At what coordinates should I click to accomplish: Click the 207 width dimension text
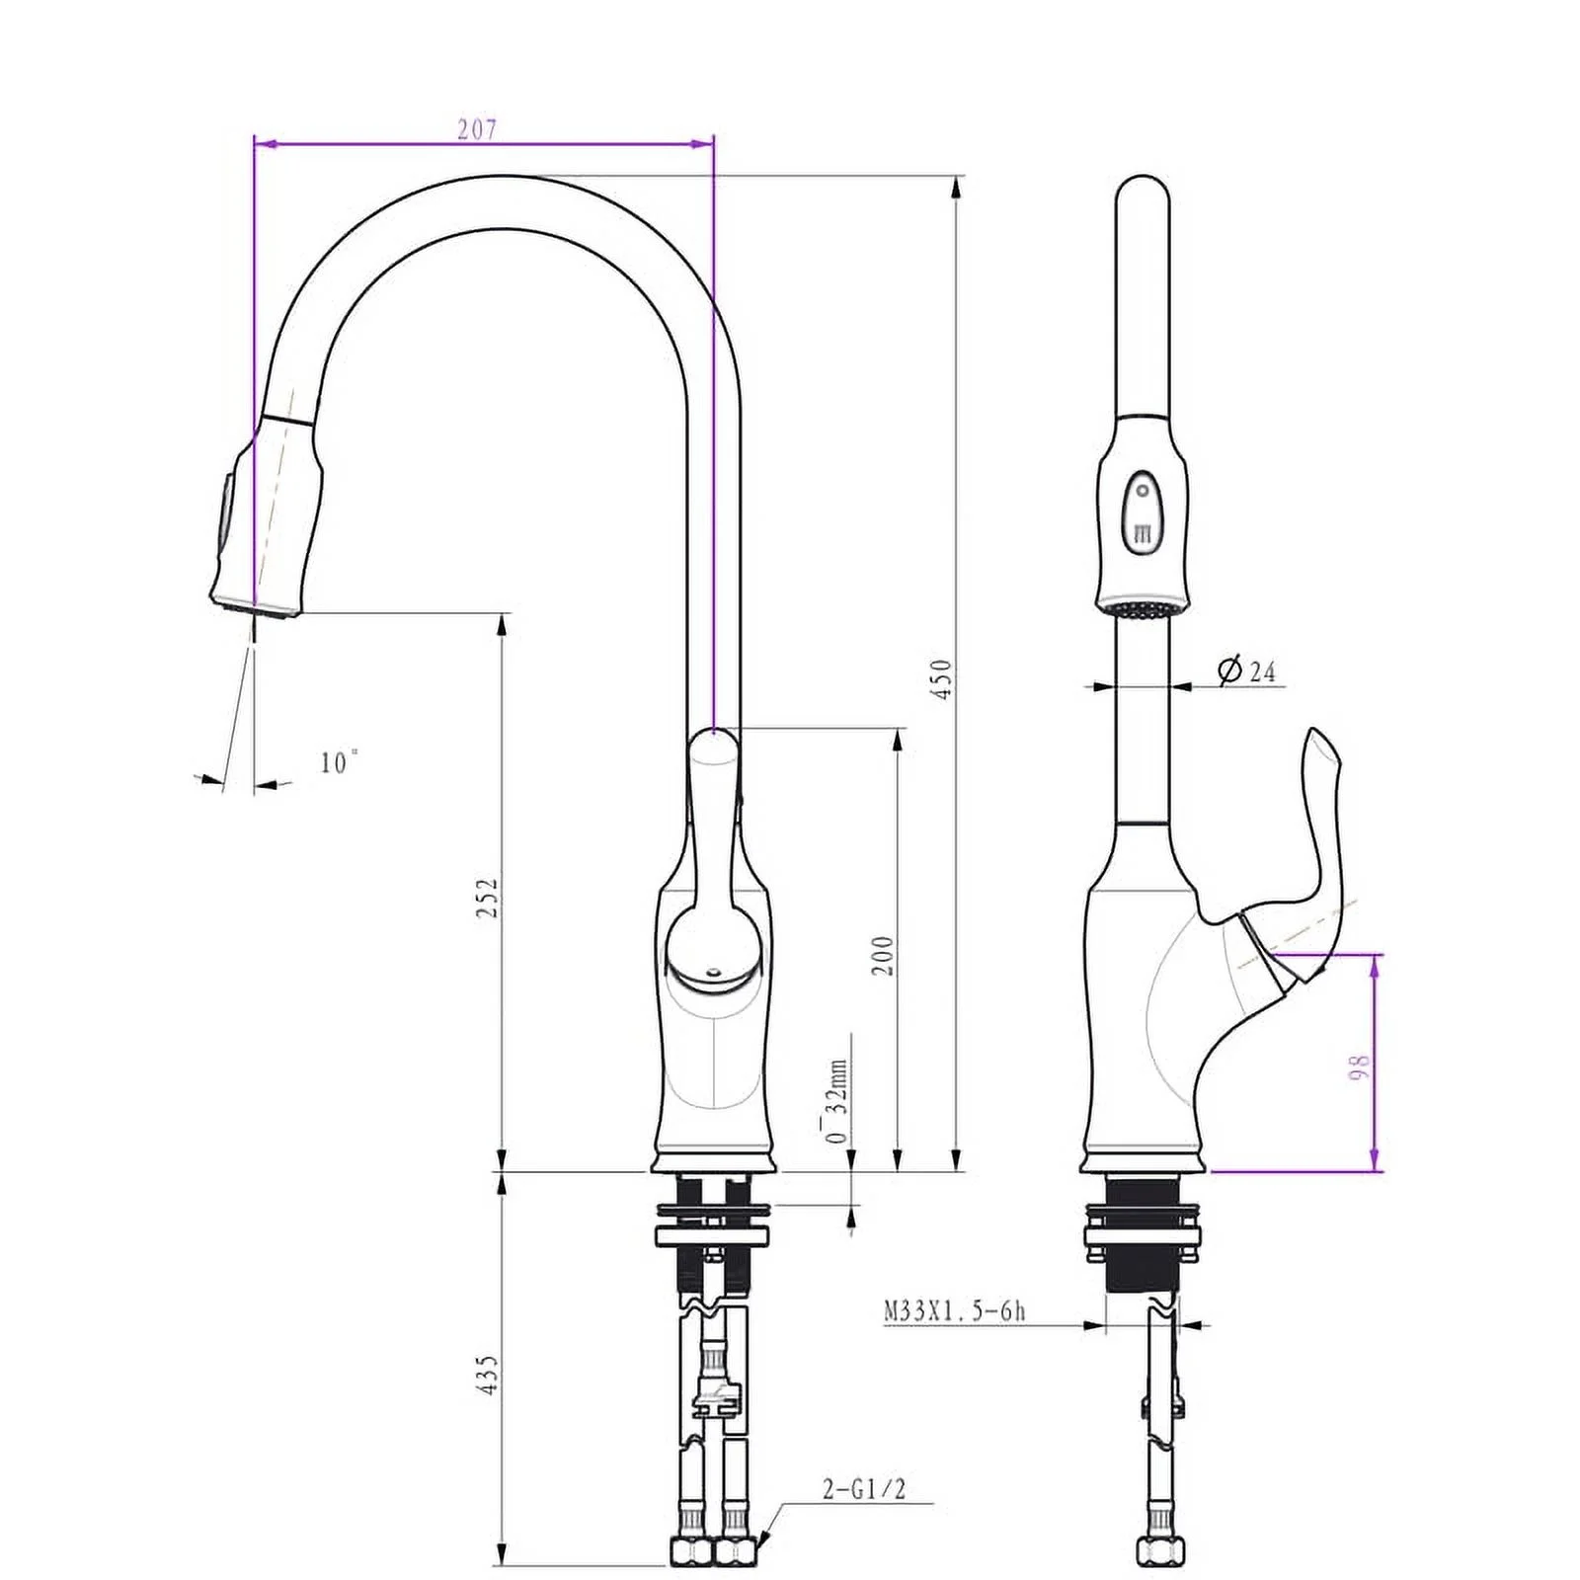coord(477,129)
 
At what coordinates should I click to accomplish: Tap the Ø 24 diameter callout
coord(1247,671)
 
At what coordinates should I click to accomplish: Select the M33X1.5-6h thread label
coord(954,1311)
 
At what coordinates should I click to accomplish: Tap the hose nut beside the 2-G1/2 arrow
coord(735,1551)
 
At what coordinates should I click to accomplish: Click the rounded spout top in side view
coord(1143,197)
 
